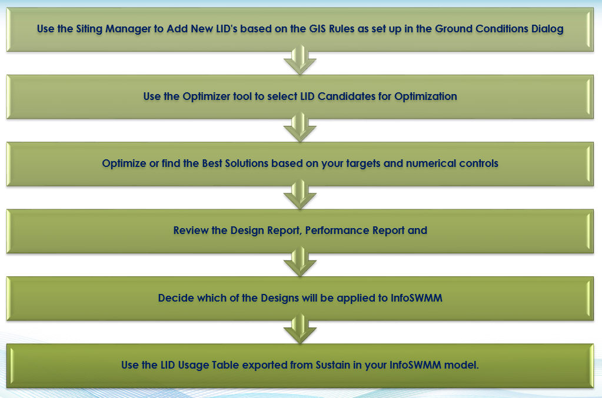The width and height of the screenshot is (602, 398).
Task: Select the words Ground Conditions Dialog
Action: [x=499, y=29]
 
